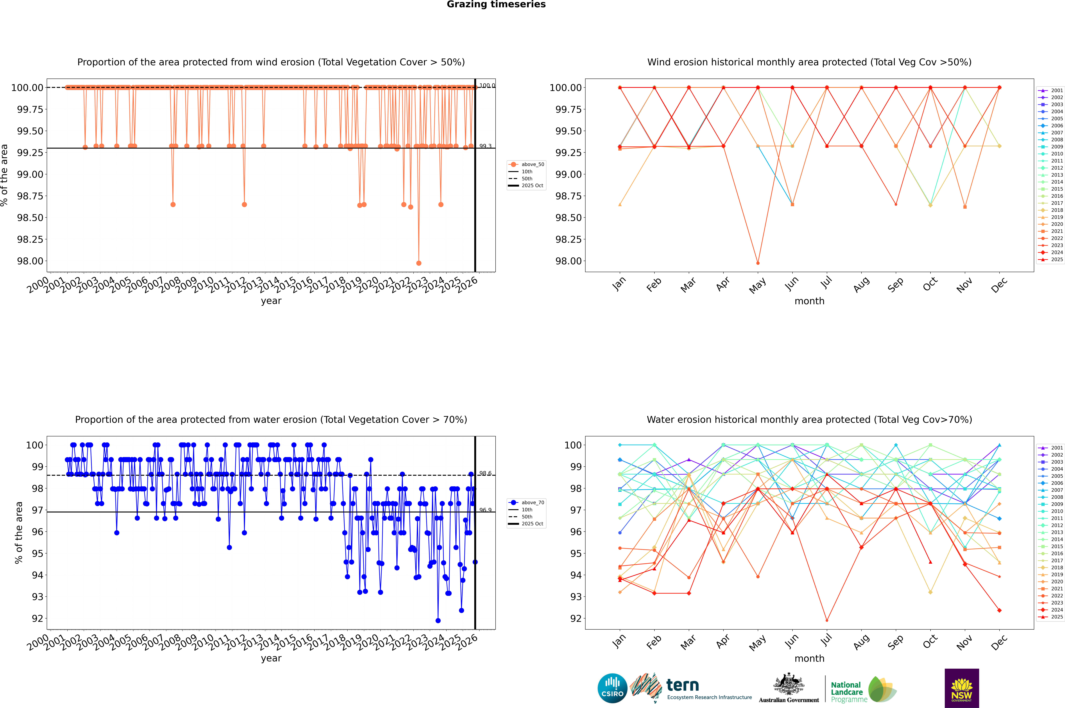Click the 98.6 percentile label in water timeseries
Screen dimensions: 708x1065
(x=485, y=473)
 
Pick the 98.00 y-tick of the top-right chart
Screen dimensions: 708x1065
(x=568, y=261)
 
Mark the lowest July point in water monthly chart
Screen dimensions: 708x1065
(x=827, y=620)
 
